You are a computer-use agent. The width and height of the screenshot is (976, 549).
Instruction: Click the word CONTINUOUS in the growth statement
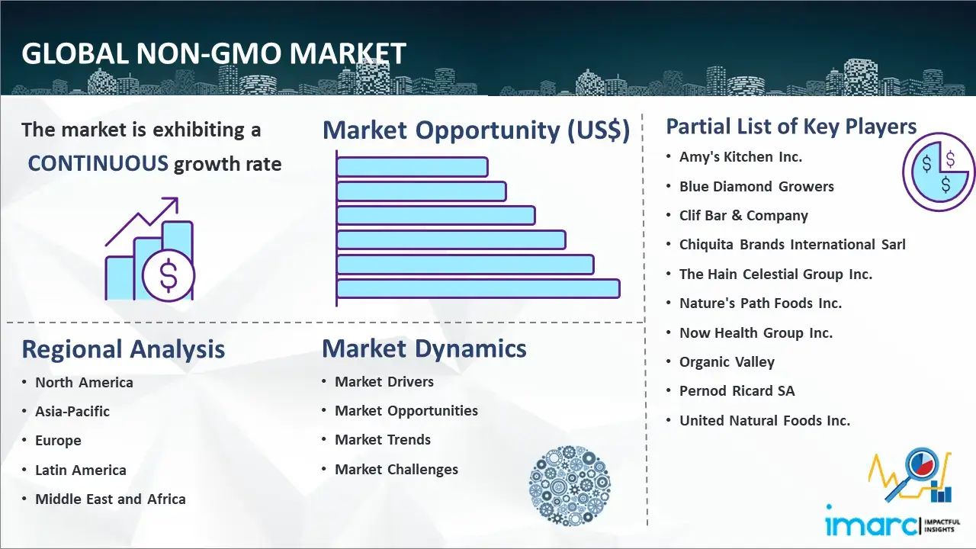(98, 163)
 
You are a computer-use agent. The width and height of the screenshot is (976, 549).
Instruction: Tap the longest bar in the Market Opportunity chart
(478, 289)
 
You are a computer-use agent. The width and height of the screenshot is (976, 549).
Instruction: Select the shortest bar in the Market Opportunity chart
(413, 167)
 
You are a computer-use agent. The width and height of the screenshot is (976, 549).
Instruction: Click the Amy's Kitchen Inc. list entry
(740, 157)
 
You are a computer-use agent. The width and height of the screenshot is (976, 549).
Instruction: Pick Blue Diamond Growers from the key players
(756, 187)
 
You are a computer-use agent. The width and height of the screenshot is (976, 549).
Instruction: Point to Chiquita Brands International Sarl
(792, 245)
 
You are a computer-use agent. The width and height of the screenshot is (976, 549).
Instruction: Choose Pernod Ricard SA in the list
(737, 391)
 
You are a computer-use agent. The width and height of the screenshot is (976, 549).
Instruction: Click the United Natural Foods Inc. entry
(765, 420)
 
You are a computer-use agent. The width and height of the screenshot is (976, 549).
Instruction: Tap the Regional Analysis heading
(124, 349)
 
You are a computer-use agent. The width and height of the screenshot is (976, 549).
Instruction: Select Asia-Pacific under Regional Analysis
(72, 411)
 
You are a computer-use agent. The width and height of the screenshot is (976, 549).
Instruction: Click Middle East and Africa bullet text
(111, 499)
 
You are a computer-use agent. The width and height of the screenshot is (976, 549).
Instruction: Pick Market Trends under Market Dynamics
(383, 440)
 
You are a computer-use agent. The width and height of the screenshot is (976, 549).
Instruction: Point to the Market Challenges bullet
(396, 469)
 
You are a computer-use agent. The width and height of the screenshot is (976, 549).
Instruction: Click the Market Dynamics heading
(424, 348)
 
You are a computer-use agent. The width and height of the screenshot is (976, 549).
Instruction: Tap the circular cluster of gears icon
(570, 486)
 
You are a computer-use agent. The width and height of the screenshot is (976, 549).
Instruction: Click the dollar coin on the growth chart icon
(169, 276)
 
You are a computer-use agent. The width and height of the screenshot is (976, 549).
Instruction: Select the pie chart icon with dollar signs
(939, 172)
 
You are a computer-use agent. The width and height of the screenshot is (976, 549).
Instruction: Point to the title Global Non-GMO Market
(214, 53)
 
